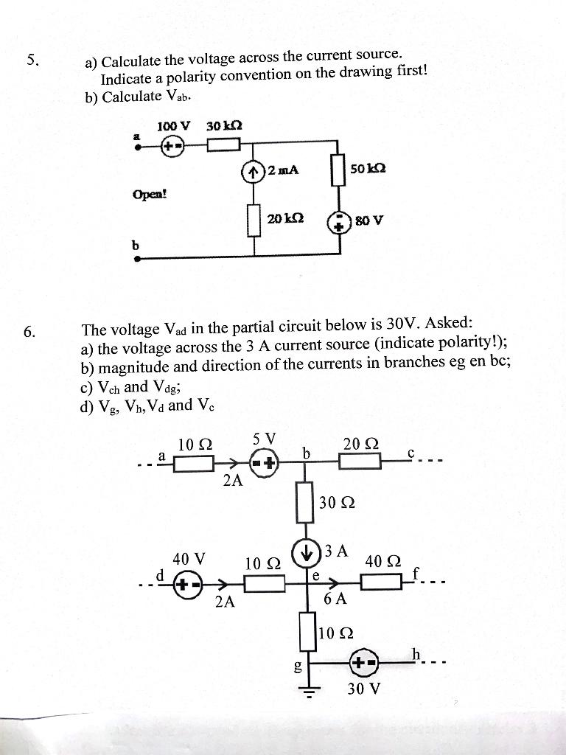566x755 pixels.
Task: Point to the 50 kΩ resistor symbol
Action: tap(339, 171)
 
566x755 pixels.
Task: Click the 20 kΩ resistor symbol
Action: tap(254, 220)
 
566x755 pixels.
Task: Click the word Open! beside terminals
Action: tap(150, 195)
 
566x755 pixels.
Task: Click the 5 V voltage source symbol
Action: tap(265, 463)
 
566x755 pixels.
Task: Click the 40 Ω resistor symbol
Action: tap(382, 584)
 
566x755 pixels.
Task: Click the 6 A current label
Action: tap(335, 600)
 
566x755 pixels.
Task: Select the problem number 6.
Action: tap(29, 332)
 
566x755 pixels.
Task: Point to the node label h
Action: tap(416, 653)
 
